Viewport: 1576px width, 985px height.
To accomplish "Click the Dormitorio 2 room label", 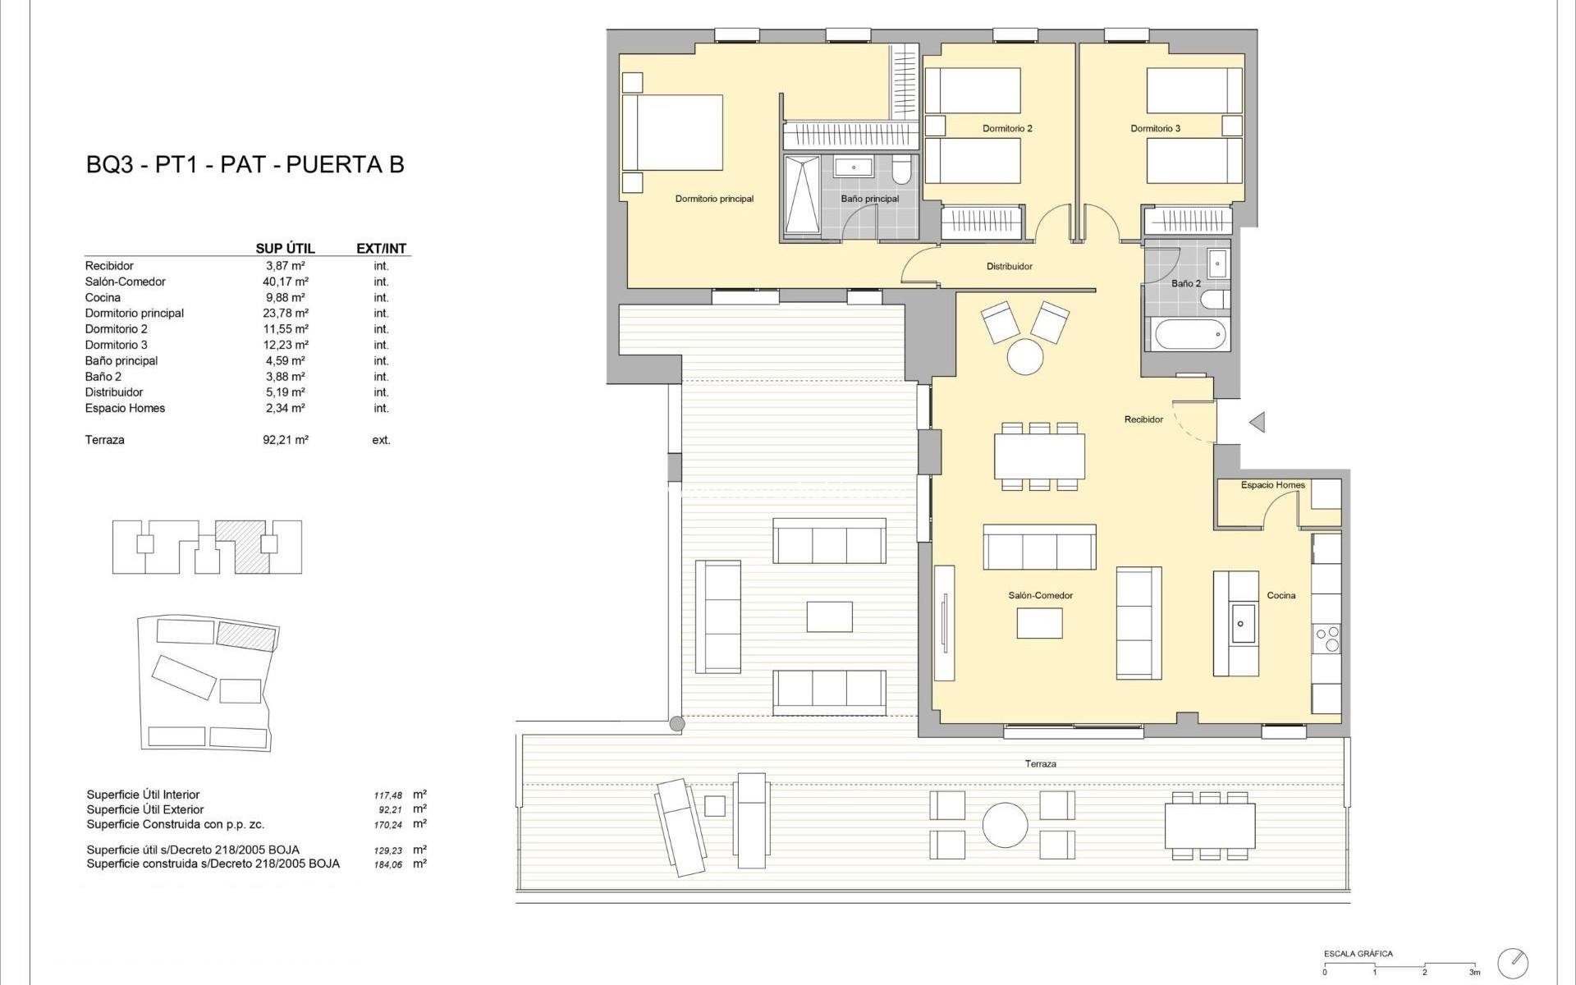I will [x=1007, y=129].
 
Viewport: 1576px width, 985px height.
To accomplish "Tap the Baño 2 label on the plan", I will [x=1185, y=283].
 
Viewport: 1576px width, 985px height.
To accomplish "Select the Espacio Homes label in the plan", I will [x=1272, y=485].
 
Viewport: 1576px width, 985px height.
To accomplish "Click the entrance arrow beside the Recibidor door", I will [x=1257, y=422].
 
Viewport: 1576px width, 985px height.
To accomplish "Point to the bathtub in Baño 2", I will [x=1190, y=335].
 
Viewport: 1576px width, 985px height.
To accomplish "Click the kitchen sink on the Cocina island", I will [x=1240, y=623].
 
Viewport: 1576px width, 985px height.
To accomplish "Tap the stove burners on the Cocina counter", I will [x=1326, y=639].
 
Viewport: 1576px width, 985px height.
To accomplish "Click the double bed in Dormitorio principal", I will [x=672, y=133].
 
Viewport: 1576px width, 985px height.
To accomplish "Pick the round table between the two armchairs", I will [x=1024, y=357].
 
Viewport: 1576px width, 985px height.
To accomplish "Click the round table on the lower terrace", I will [x=1005, y=824].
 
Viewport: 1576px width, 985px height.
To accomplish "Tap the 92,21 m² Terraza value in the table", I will [x=285, y=440].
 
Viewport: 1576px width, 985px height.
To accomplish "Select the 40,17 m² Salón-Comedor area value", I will [x=285, y=282].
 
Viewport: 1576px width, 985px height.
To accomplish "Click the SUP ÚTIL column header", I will [x=285, y=249].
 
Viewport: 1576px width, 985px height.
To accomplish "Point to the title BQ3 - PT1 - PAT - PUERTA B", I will [x=245, y=164].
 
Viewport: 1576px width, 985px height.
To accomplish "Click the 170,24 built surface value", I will [x=388, y=826].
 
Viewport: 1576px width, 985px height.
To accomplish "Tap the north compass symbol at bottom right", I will [x=1513, y=962].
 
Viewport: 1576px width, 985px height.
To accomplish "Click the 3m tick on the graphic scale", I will [x=1474, y=972].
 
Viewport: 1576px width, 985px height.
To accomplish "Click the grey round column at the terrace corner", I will [x=677, y=724].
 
